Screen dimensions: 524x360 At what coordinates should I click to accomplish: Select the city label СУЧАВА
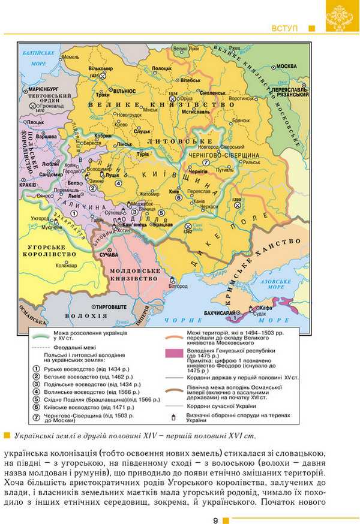click(109, 255)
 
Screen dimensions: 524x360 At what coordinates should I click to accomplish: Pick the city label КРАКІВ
click(28, 185)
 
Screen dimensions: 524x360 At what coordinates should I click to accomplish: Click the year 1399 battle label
click(236, 199)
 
